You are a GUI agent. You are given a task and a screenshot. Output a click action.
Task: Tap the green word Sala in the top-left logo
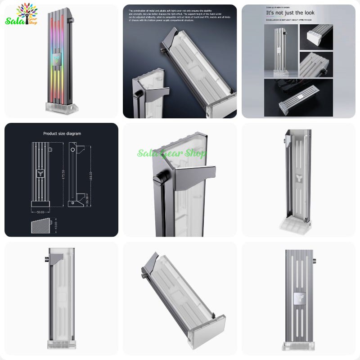tap(13, 21)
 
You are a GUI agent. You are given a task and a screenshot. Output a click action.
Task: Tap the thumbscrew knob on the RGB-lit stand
tap(71, 21)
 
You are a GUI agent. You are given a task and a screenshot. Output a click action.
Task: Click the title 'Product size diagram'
tap(62, 134)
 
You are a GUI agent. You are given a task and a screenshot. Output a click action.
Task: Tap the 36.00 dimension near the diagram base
tap(86, 198)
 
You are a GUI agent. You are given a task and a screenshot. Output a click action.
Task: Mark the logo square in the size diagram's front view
tap(40, 174)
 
